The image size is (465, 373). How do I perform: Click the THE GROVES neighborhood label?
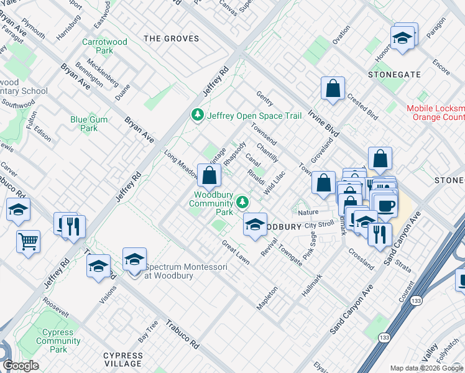172,39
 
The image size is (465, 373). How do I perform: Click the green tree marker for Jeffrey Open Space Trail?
197,115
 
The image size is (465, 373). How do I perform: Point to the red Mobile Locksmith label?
435,113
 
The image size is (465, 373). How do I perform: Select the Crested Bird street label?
362,106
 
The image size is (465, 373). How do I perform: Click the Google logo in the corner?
21,366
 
